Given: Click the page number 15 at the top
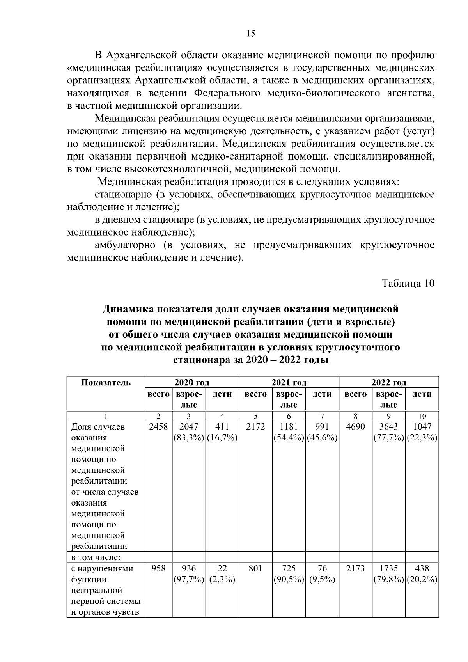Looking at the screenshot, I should (251, 34).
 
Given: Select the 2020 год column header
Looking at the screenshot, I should (191, 383).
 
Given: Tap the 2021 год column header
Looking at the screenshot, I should (289, 383).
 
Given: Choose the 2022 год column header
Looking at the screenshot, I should (389, 383).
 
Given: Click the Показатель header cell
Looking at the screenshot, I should (106, 382).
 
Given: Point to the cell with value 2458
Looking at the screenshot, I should (158, 427).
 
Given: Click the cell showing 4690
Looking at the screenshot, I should (355, 427).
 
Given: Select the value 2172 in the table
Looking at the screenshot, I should (255, 427).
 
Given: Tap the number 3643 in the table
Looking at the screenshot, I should (388, 427).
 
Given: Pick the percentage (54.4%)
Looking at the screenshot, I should (289, 438).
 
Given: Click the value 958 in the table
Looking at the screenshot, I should (158, 569).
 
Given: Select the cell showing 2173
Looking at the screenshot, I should (355, 569).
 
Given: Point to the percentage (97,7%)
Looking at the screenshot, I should (189, 580).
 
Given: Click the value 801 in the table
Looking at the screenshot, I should (255, 569).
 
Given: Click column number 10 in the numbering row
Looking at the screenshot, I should (422, 416).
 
